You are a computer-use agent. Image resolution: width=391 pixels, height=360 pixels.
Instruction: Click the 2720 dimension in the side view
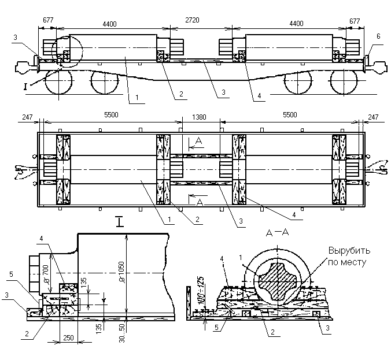(x=200, y=20)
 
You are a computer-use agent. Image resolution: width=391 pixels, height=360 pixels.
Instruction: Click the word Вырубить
(x=350, y=251)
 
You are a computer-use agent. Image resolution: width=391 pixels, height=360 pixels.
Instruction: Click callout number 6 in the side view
(x=378, y=36)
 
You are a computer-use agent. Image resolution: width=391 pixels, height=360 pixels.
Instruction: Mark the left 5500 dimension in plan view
(x=111, y=116)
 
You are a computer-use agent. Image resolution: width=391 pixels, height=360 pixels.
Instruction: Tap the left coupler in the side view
(x=23, y=65)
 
